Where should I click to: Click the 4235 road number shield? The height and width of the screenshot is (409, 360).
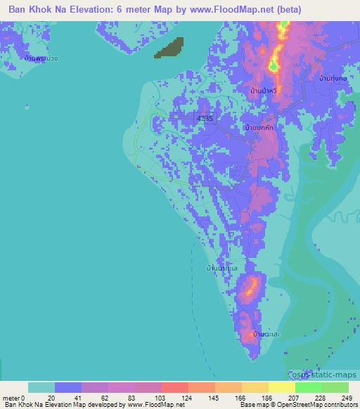tap(204, 119)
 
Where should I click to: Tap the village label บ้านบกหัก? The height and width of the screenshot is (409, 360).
tap(259, 129)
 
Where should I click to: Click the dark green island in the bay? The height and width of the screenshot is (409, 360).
tap(169, 47)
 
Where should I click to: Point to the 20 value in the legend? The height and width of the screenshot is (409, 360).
tap(50, 397)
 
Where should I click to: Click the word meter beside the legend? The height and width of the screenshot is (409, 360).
tap(10, 397)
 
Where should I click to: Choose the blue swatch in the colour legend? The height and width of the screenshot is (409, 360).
tap(68, 387)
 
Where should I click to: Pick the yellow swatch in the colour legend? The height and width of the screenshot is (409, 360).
tap(281, 387)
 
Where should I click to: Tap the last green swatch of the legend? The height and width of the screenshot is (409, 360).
tap(335, 387)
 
